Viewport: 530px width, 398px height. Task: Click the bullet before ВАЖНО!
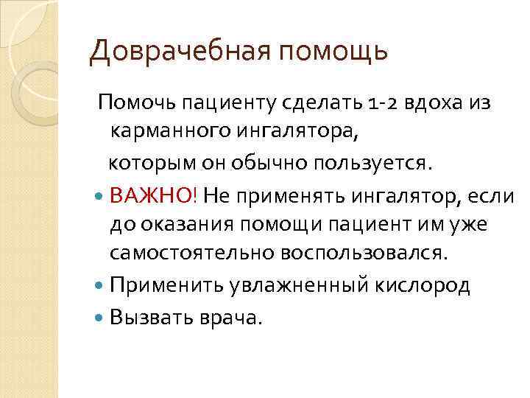[x=101, y=197]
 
